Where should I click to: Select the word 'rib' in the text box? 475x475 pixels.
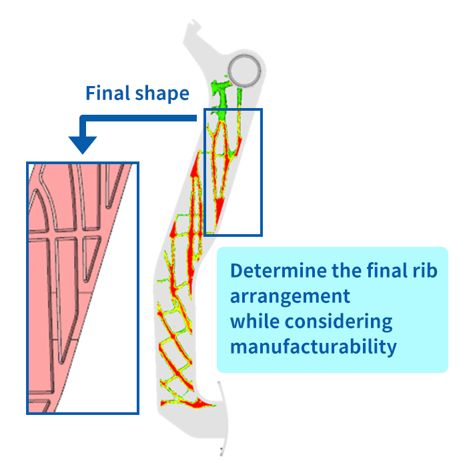tap(431, 272)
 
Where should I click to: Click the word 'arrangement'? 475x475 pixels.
tap(290, 296)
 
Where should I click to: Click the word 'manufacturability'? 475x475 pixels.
tap(313, 347)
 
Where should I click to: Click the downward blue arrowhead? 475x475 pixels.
tap(83, 144)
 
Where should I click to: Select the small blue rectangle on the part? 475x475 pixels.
tap(233, 171)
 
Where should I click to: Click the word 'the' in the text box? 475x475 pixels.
tap(346, 272)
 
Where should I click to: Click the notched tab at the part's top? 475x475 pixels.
tap(192, 30)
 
